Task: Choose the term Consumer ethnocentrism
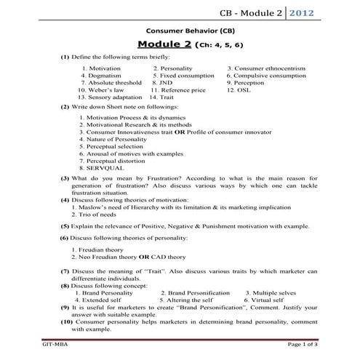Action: pos(271,68)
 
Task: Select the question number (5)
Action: pos(65,226)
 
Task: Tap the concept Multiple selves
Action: pos(276,292)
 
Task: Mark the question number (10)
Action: pos(66,321)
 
